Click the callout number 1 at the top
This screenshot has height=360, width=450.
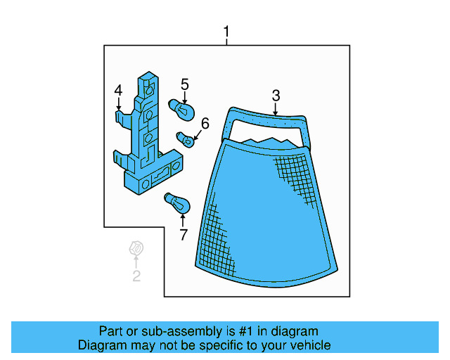click(226, 32)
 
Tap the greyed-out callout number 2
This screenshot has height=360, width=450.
click(136, 276)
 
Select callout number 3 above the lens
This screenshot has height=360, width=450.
click(276, 95)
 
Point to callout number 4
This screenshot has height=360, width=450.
click(118, 89)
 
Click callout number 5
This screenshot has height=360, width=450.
click(185, 84)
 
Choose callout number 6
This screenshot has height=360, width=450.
click(205, 124)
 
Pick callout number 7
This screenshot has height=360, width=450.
click(184, 235)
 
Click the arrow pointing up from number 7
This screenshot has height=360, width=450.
click(184, 221)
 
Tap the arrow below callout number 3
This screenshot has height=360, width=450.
click(276, 109)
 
